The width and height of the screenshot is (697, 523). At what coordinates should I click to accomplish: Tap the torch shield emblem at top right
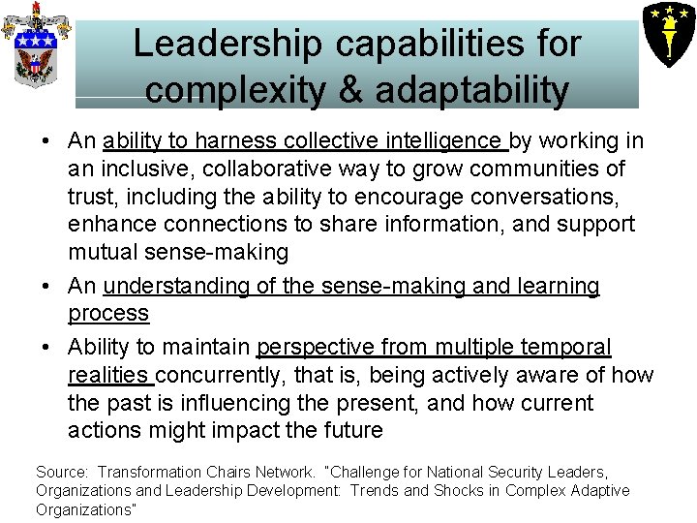pyautogui.click(x=667, y=31)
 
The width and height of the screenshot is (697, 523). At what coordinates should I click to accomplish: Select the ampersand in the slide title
pyautogui.click(x=354, y=90)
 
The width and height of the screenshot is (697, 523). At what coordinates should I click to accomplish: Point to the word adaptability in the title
pyautogui.click(x=470, y=90)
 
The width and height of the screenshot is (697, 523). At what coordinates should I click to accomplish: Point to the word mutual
pyautogui.click(x=102, y=253)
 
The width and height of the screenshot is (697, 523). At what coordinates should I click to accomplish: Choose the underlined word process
pyautogui.click(x=108, y=314)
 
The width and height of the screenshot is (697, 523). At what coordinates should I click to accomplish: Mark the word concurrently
pyautogui.click(x=232, y=375)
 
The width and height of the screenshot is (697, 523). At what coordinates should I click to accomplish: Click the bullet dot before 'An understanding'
pyautogui.click(x=46, y=287)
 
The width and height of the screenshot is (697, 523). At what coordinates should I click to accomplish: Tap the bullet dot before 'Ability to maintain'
pyautogui.click(x=46, y=347)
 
